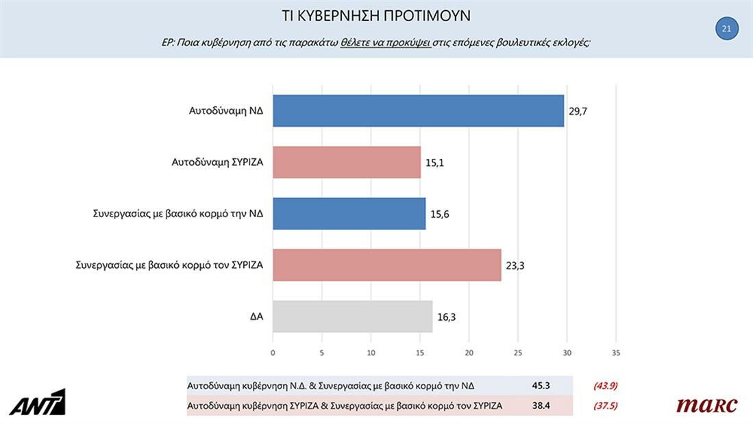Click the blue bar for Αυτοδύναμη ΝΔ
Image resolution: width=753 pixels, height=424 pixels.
418,110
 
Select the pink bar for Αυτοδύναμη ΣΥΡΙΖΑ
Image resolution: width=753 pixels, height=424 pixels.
347,162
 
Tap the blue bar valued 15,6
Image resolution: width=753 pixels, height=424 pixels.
349,214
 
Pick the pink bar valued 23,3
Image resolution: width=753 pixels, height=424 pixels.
386,265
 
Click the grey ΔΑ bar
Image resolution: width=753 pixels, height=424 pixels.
352,316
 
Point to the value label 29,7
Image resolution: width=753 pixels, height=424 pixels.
578,111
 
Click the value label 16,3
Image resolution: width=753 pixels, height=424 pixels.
445,317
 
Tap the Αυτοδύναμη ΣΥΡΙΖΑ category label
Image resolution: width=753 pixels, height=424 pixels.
217,162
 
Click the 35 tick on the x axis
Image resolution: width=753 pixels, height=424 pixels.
616,353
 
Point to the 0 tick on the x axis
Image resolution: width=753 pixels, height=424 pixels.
273,353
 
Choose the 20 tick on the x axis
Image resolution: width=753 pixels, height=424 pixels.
469,353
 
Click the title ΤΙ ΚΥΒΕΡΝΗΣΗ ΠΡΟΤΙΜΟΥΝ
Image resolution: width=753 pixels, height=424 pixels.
376,16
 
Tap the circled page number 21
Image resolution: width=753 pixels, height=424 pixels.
726,29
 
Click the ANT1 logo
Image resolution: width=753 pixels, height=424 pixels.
37,402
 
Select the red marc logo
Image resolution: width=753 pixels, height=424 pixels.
706,405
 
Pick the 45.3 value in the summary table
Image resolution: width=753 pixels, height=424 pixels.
541,386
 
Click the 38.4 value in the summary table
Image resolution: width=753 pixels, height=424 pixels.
541,406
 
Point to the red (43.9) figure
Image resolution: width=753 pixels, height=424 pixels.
605,386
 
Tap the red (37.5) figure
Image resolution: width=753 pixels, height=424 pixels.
605,406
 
